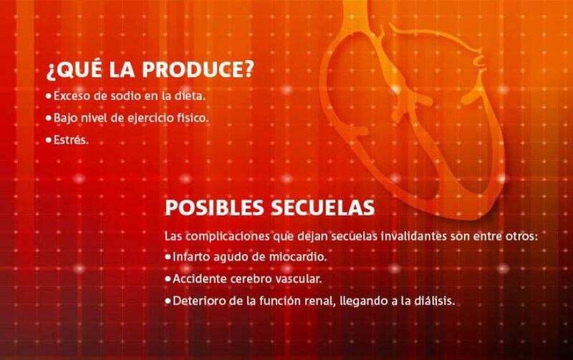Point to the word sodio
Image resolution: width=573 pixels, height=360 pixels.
click(126, 96)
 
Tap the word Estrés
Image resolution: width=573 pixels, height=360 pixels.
click(71, 140)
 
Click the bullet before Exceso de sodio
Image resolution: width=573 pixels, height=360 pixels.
click(49, 97)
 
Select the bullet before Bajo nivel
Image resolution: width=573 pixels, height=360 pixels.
click(49, 119)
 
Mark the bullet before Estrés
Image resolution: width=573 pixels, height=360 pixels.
click(49, 140)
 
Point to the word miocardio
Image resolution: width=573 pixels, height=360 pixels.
click(298, 257)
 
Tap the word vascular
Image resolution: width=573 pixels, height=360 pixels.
click(298, 278)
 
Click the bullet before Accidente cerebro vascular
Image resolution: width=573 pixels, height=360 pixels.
click(168, 279)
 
